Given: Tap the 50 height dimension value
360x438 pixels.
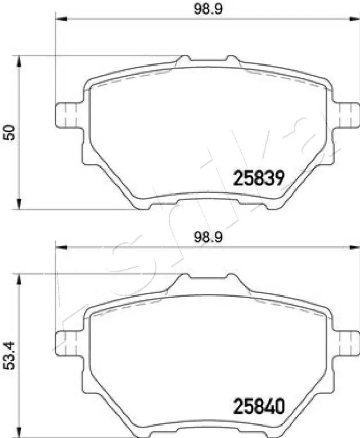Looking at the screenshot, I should [10, 133].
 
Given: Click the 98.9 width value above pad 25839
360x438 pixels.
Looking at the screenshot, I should [206, 8].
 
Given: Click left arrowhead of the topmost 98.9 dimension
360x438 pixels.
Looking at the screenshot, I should [60, 20].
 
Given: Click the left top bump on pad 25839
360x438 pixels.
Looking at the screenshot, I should [183, 58].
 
